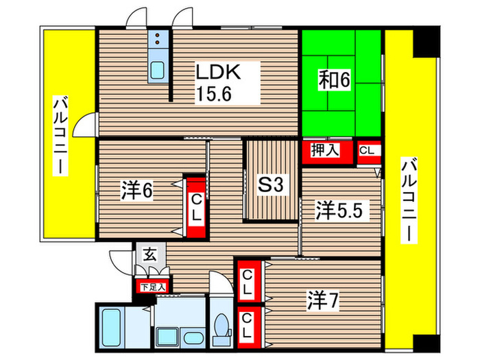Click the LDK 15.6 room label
[219, 80]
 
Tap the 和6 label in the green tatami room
[334, 80]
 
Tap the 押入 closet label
[326, 151]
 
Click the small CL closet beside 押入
[367, 151]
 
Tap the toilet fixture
[221, 326]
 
